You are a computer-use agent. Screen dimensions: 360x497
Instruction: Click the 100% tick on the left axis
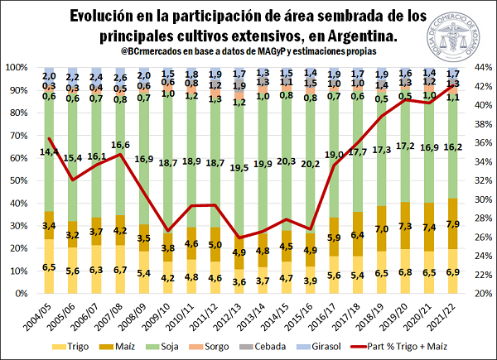[14, 67]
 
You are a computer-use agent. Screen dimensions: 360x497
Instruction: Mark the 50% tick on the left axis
[17, 180]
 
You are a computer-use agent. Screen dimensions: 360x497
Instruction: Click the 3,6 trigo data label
[240, 281]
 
